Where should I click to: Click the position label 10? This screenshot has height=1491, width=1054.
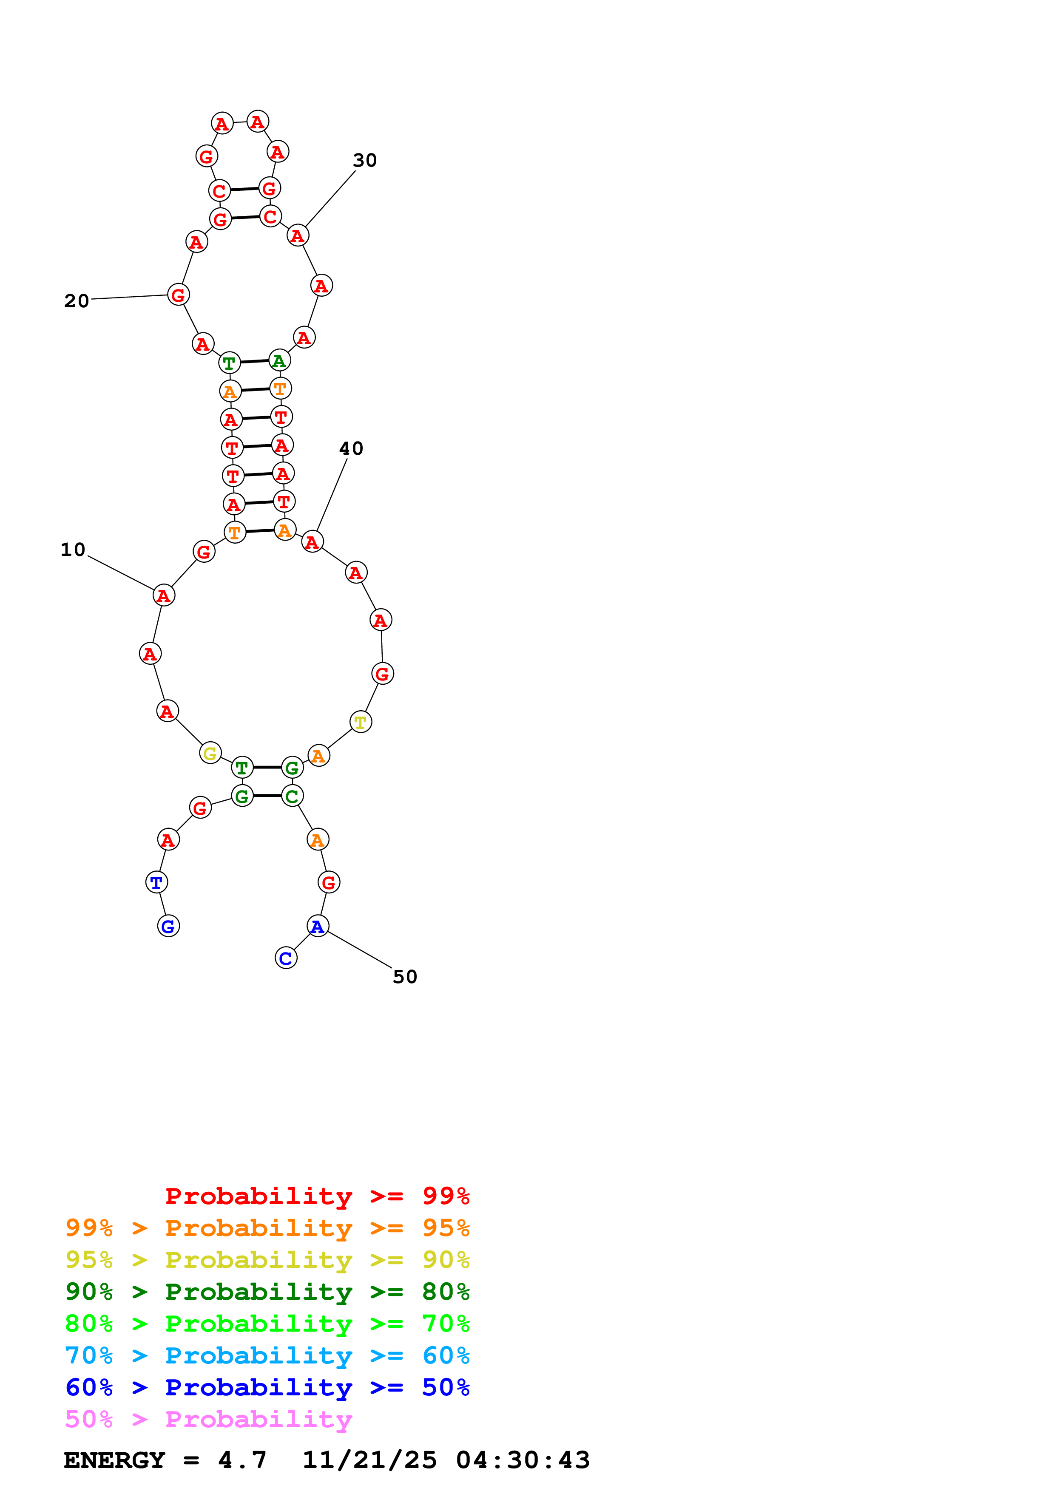click(73, 550)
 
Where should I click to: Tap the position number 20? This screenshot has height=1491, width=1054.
click(76, 301)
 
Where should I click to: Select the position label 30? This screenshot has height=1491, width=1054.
click(364, 160)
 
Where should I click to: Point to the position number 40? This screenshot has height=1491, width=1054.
click(351, 449)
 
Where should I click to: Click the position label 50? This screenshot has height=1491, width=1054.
click(405, 977)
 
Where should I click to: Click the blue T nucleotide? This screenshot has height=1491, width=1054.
click(156, 882)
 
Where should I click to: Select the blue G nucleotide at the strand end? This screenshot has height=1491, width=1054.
click(168, 927)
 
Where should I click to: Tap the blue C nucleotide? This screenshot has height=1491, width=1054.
click(286, 958)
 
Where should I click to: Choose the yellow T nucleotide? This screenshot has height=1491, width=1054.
click(361, 722)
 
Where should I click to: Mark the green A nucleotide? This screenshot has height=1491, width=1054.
click(279, 361)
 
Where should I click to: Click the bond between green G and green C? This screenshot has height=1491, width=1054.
click(267, 796)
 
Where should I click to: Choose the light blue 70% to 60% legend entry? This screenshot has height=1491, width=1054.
click(267, 1355)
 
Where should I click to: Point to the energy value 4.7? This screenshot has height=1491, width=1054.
click(242, 1460)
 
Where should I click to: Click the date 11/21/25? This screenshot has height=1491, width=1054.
click(369, 1460)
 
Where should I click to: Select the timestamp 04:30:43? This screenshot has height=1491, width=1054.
click(523, 1460)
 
